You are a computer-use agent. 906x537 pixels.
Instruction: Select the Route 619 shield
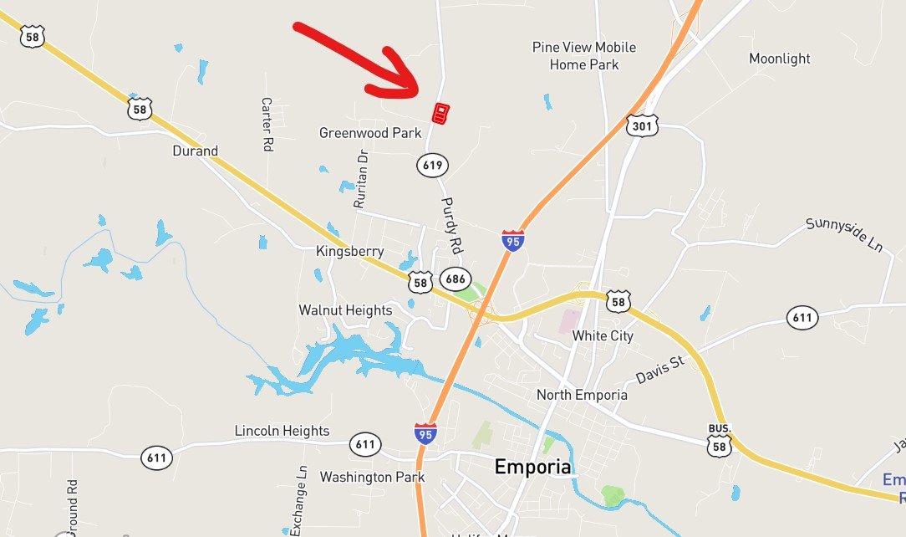tap(432, 165)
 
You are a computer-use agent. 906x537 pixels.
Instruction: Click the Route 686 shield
tap(456, 279)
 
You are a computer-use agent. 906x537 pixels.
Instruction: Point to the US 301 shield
tap(641, 125)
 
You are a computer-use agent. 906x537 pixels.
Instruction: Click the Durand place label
tap(195, 151)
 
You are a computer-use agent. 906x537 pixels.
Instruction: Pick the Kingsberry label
tap(350, 251)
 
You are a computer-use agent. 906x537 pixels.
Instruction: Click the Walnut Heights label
tap(345, 310)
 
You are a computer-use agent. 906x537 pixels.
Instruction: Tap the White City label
tap(603, 335)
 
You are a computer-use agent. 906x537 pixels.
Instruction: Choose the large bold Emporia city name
tap(533, 467)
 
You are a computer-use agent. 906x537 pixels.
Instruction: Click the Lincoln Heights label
tap(282, 431)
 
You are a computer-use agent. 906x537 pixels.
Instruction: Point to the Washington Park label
tap(372, 477)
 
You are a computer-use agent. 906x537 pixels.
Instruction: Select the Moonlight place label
tap(780, 59)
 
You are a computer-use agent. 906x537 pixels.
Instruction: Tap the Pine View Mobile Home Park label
tap(584, 55)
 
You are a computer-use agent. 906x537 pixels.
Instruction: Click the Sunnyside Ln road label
tap(844, 235)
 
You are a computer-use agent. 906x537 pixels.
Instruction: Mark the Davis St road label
tap(659, 369)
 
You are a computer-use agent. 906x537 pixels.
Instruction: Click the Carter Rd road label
tap(267, 124)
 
